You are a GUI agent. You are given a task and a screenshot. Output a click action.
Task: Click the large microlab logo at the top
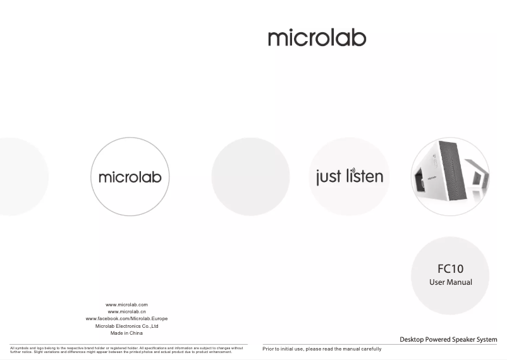(x=317, y=38)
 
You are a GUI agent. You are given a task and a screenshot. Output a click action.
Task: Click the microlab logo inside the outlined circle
(x=130, y=177)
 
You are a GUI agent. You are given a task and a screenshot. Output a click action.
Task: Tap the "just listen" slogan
(x=350, y=176)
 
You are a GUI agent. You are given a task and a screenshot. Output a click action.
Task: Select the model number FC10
(x=450, y=269)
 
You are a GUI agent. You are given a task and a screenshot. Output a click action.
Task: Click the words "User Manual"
(x=450, y=282)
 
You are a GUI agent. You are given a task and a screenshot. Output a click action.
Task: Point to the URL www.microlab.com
(x=126, y=305)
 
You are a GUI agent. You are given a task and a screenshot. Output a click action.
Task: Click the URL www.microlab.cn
(x=126, y=312)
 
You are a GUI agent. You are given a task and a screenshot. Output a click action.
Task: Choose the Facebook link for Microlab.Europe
(x=126, y=319)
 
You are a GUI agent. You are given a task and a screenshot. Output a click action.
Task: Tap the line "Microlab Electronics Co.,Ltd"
(x=126, y=326)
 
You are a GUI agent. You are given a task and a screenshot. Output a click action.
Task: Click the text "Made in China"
(x=126, y=333)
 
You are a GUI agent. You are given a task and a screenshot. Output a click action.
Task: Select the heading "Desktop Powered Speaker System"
(x=448, y=340)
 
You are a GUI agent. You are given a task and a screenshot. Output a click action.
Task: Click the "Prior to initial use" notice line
(x=322, y=349)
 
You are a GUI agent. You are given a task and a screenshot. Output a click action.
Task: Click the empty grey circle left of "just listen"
(x=250, y=176)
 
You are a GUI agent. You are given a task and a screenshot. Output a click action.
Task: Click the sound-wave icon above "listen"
(x=353, y=171)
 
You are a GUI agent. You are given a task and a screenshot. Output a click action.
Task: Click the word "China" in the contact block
(x=136, y=333)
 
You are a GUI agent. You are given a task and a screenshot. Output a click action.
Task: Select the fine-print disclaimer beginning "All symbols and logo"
(x=126, y=350)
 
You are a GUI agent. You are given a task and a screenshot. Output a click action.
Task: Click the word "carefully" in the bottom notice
(x=372, y=349)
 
